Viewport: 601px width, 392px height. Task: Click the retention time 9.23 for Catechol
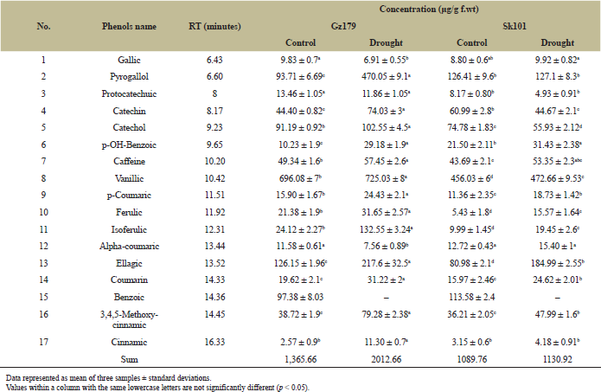click(214, 127)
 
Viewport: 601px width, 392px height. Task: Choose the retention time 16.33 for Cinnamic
click(214, 342)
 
